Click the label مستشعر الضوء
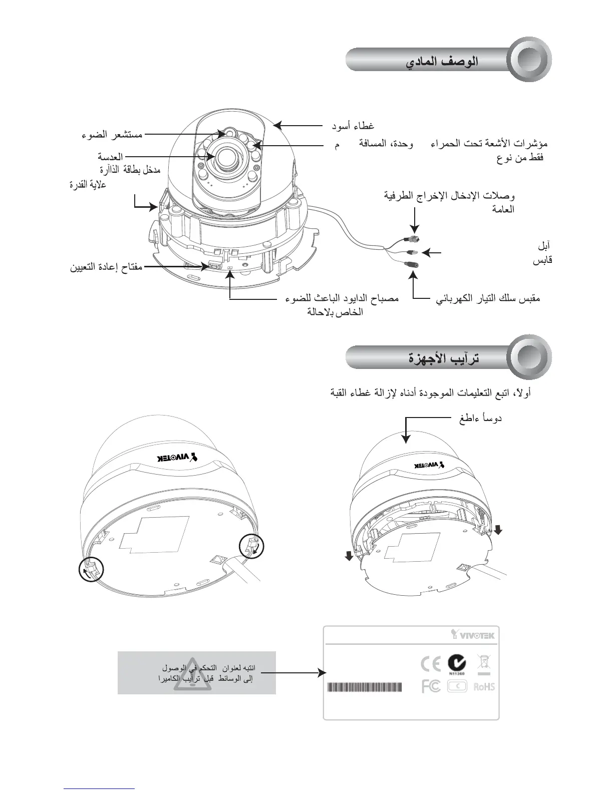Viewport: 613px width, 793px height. click(112, 135)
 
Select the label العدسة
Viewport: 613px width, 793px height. click(110, 157)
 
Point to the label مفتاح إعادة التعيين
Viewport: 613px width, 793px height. click(106, 267)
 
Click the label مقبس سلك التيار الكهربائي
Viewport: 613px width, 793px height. click(488, 299)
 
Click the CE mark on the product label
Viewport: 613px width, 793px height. click(431, 664)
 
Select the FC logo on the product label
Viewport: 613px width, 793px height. click(431, 686)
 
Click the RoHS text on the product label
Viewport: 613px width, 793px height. click(484, 686)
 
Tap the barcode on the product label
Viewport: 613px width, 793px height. click(364, 687)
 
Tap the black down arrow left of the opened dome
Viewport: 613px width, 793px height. click(350, 555)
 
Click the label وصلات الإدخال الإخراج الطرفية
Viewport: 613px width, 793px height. click(450, 195)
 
